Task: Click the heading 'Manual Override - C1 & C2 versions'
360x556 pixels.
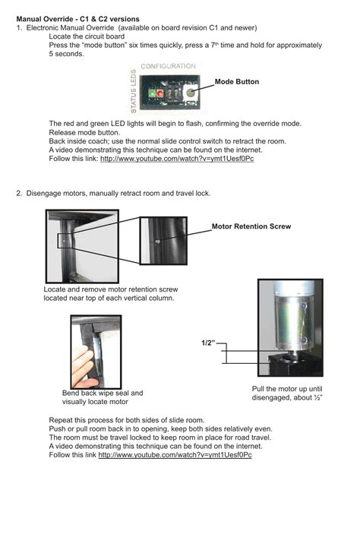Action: tap(77, 18)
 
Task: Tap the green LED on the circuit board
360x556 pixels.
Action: tap(160, 93)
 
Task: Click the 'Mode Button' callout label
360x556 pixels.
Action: tap(236, 81)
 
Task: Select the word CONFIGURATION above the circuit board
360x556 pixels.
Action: tap(168, 67)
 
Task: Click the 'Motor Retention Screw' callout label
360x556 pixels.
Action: tap(251, 226)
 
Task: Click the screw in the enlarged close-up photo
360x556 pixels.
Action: tap(156, 241)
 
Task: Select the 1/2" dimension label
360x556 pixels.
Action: tap(207, 343)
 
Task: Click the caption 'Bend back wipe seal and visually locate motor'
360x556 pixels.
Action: tap(102, 397)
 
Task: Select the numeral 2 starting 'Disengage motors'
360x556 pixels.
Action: tap(18, 194)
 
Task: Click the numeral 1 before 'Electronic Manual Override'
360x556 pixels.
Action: tap(18, 27)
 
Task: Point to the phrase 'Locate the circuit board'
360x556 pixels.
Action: tap(87, 36)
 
